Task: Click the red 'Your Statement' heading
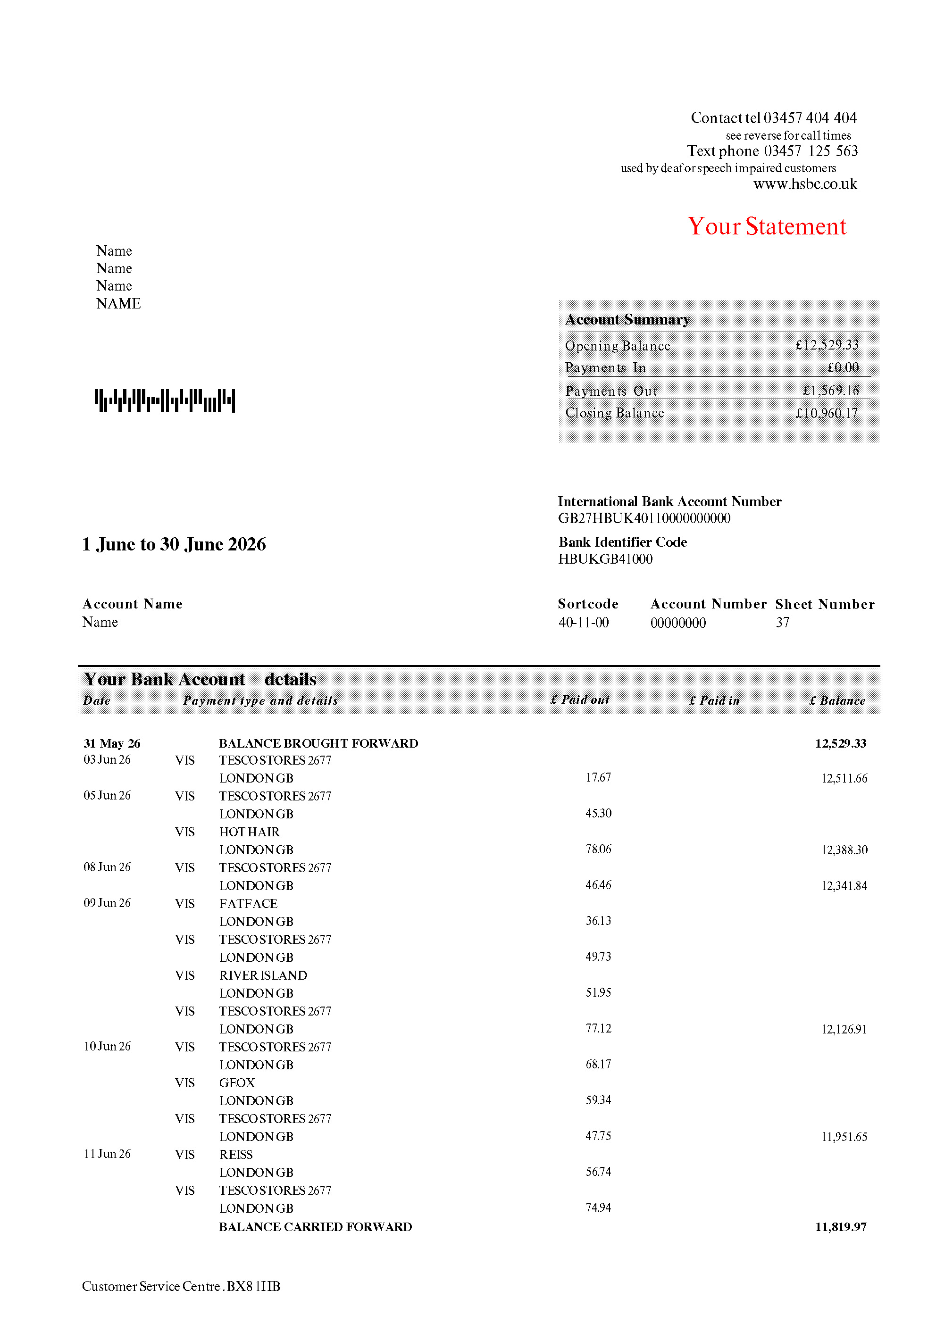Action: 767,226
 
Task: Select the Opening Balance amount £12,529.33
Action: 827,345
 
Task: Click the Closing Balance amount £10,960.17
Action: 827,413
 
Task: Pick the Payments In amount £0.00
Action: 843,367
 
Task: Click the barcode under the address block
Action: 165,400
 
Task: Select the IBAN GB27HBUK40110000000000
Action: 643,518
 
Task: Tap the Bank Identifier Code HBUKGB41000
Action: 605,559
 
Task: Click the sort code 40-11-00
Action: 583,622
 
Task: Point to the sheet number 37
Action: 782,622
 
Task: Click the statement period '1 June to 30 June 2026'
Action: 174,544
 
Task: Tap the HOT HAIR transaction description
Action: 249,832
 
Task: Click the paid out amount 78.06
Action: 598,849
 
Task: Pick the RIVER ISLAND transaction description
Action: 263,975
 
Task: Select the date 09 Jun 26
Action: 107,903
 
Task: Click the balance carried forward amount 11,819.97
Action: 840,1226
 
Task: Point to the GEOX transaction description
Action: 237,1083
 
